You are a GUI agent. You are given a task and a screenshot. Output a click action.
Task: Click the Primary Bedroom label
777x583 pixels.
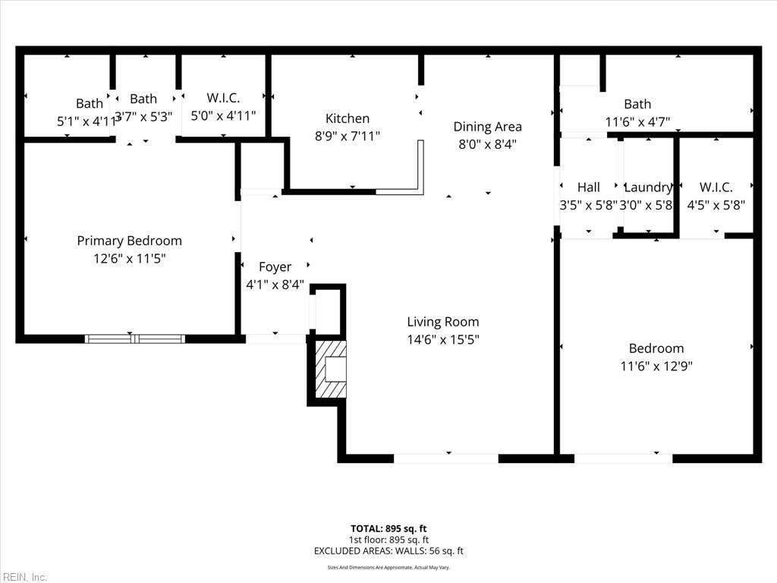click(129, 241)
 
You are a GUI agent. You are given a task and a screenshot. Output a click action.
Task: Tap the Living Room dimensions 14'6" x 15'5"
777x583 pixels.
click(442, 339)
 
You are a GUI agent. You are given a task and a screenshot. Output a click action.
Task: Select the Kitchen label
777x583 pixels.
click(347, 118)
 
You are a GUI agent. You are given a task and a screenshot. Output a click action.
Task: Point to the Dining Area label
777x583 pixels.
click(487, 127)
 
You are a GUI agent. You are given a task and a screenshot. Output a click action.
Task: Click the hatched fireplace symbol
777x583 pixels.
click(332, 370)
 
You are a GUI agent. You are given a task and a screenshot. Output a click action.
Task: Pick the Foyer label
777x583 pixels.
click(275, 267)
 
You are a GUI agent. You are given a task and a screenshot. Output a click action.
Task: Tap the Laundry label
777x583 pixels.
click(648, 188)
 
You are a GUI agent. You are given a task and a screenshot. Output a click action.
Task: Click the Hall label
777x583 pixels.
click(588, 188)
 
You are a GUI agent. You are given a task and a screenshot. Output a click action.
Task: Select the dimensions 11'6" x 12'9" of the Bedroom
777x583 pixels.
click(656, 366)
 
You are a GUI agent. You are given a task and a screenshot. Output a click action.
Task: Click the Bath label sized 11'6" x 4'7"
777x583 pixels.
click(637, 104)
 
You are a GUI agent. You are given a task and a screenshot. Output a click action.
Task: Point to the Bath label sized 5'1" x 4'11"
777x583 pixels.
click(89, 104)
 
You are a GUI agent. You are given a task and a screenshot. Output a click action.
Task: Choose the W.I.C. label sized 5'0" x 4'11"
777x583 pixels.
click(223, 98)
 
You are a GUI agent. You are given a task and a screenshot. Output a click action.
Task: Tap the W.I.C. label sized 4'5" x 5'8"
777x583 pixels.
click(716, 188)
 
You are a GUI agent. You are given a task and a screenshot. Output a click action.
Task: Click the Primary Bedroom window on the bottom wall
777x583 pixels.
click(134, 339)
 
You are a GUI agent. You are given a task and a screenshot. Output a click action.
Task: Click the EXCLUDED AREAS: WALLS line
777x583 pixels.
click(388, 551)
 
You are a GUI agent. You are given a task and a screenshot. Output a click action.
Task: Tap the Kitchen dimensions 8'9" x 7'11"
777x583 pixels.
click(347, 136)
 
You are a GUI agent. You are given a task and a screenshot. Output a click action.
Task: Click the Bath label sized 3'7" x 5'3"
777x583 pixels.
click(143, 99)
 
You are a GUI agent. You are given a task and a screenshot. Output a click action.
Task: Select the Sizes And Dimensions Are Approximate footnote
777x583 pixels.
click(388, 567)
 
